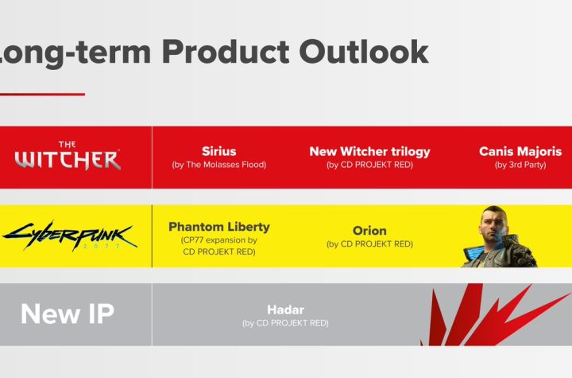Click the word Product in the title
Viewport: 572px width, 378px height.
[x=226, y=52]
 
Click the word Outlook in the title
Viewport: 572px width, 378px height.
[x=364, y=52]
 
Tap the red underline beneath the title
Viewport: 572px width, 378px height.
[x=42, y=95]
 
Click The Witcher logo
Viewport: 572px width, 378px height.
[x=68, y=156]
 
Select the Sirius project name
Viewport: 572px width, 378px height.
[x=219, y=151]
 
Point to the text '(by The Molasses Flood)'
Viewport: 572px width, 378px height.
[x=219, y=165]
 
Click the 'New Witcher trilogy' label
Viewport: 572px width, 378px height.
[x=370, y=152]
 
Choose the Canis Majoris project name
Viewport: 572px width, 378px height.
[x=520, y=152]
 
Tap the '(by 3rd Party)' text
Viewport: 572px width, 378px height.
[x=520, y=165]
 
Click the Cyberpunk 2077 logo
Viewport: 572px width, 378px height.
[x=69, y=236]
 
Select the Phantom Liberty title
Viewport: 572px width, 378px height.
[x=219, y=227]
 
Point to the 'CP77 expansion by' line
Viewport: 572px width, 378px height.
[x=219, y=240]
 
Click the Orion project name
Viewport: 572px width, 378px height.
[x=369, y=231]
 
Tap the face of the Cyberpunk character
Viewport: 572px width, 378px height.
[x=493, y=224]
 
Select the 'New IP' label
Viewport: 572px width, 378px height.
[x=68, y=314]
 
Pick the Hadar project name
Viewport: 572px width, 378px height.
[x=285, y=310]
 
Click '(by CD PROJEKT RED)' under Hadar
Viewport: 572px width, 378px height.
[x=285, y=323]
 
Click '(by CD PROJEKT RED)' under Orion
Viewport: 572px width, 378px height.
[x=369, y=244]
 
